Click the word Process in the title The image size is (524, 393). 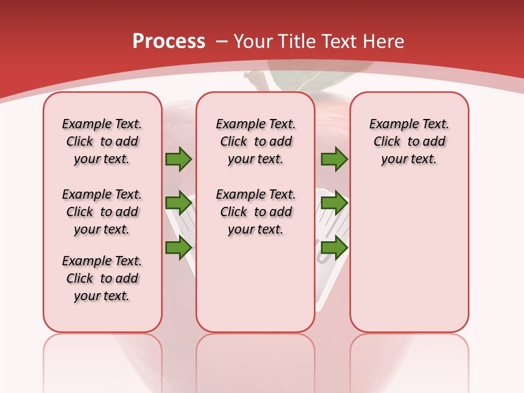point(169,41)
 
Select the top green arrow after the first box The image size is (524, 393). point(178,159)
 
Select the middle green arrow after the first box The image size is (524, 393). point(178,203)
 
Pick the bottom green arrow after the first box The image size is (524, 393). point(178,248)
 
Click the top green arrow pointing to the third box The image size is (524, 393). point(334,159)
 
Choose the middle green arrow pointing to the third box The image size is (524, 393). point(334,203)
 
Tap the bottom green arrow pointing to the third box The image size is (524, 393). point(334,248)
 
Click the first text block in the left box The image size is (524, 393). point(102,141)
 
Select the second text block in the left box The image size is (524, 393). point(102,212)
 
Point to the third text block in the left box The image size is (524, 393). point(102,278)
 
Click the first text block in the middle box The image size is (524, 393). point(255,141)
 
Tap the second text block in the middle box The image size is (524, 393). point(255,212)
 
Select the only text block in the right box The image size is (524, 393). point(409,141)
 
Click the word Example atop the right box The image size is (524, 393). point(389,124)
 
